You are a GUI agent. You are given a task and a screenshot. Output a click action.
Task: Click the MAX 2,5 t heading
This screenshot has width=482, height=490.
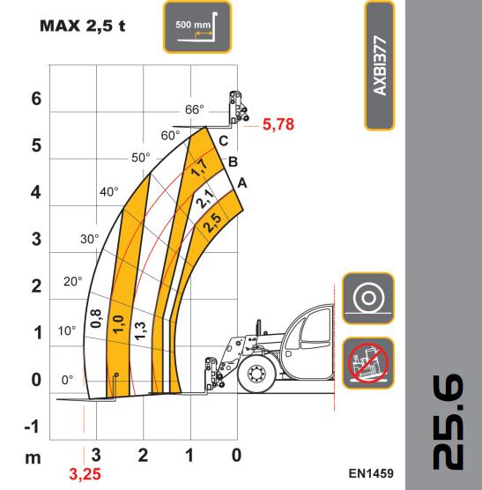click(83, 26)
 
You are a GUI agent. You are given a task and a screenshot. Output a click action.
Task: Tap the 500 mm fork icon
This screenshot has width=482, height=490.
click(197, 26)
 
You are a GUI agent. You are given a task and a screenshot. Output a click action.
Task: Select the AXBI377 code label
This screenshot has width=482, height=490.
click(380, 66)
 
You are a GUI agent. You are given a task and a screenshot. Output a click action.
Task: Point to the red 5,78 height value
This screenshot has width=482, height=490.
click(278, 124)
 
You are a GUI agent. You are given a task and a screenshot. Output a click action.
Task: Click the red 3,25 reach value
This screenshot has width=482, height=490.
click(85, 474)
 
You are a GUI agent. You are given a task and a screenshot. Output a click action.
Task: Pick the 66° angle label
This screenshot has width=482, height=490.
click(195, 109)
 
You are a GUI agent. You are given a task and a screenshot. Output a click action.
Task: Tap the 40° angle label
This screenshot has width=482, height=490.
click(109, 191)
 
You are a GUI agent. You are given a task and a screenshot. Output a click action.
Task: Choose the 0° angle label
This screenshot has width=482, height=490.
click(68, 381)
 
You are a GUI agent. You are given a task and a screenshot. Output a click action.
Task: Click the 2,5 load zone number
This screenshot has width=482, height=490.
click(212, 222)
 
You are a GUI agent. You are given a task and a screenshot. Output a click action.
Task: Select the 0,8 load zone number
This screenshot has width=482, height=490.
click(95, 318)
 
